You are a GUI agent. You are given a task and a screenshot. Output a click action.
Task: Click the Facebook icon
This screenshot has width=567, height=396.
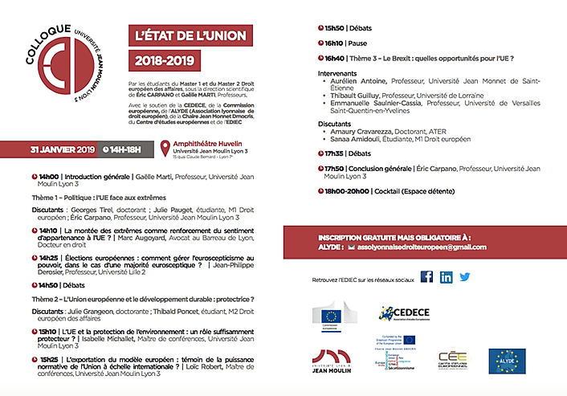(x=426, y=277)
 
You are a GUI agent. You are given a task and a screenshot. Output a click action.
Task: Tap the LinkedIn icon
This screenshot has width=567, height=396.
(x=446, y=277)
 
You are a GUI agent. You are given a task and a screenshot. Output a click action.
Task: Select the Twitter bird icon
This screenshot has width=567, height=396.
(x=465, y=277)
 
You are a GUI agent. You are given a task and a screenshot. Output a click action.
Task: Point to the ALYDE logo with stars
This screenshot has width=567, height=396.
(x=508, y=361)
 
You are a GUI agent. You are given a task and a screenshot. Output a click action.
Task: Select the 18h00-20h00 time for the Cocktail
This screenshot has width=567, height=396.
(x=348, y=190)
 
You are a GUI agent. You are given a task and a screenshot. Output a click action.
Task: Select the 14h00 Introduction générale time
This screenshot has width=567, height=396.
(x=50, y=176)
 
